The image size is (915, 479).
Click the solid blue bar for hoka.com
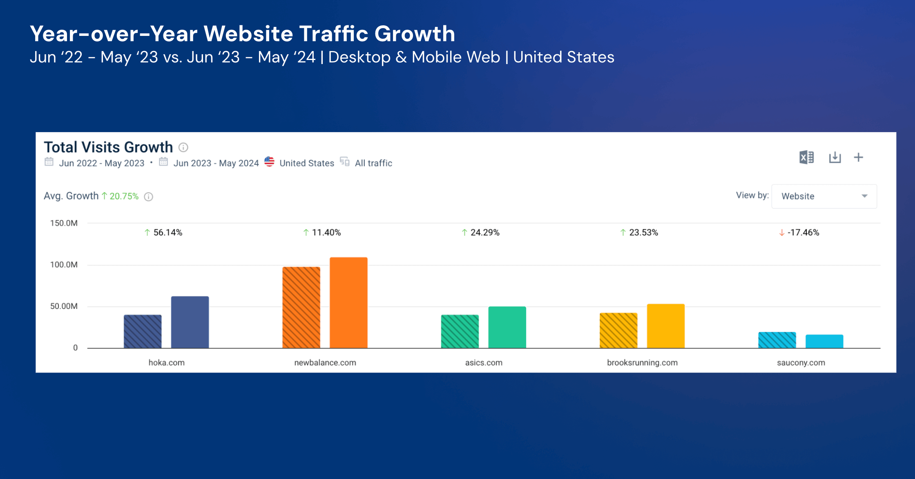(x=190, y=322)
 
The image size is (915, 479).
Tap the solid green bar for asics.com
(x=507, y=327)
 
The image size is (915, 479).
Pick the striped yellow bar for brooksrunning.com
(x=618, y=330)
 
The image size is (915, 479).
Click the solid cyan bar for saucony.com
(x=824, y=342)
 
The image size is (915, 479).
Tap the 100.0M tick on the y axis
(x=64, y=265)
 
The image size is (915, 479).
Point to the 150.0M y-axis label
(x=64, y=223)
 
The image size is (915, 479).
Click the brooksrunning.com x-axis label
(x=642, y=363)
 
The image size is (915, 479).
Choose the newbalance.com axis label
(x=325, y=363)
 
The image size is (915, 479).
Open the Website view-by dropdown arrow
(x=864, y=196)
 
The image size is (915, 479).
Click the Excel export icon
(x=806, y=157)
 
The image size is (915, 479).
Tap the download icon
(x=835, y=157)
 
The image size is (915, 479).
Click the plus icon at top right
(x=858, y=157)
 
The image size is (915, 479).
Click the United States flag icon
(x=269, y=162)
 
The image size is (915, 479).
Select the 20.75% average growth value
(x=124, y=196)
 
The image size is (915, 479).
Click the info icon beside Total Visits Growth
(x=183, y=147)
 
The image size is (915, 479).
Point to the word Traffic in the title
(x=333, y=33)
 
